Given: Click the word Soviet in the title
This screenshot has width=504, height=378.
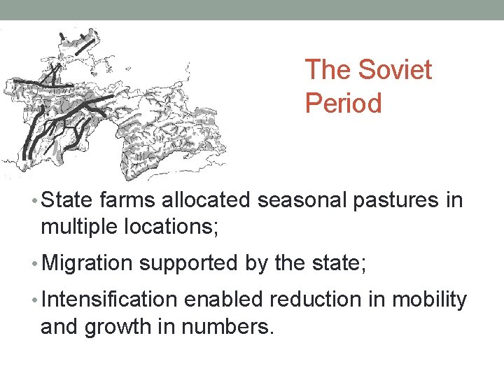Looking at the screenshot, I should tap(395, 70).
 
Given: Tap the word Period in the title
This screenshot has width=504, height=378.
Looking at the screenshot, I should tap(344, 104).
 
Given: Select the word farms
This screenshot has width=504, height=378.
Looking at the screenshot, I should tap(129, 201).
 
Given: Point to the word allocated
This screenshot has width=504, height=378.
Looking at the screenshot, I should tap(206, 201).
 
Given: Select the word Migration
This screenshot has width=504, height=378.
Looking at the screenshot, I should tap(87, 263).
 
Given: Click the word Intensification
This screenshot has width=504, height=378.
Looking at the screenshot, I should tap(109, 300).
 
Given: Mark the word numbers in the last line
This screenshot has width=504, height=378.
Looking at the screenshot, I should tap(227, 325).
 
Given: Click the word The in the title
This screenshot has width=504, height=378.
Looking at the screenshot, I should tap(330, 70).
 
